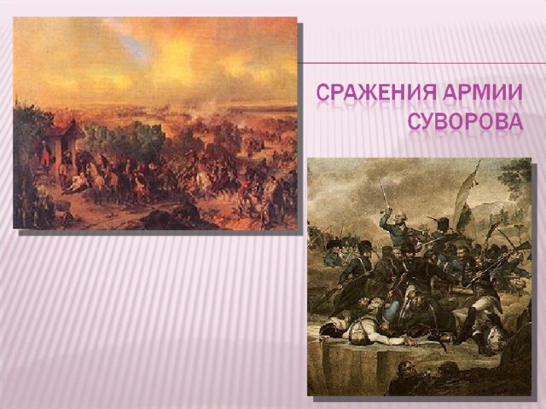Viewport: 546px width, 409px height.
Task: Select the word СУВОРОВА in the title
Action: tap(465, 121)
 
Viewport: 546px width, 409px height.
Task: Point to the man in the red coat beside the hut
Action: tap(45, 157)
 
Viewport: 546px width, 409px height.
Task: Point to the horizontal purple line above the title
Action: tap(422, 63)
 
